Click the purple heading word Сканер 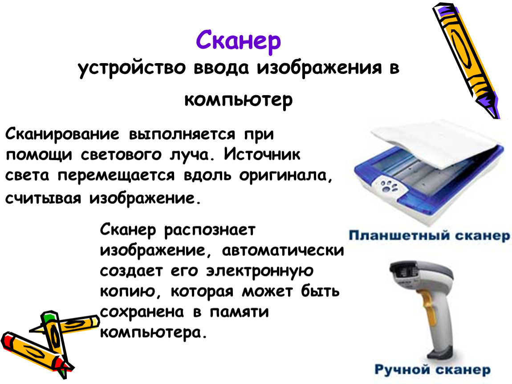pos(238,41)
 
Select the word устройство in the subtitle pos(132,68)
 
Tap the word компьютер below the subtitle pos(238,100)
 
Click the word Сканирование pos(62,135)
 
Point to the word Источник pos(262,155)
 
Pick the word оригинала pos(286,176)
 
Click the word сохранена pos(142,312)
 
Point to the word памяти pos(239,312)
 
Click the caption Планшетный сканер pos(429,236)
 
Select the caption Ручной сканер pos(432,369)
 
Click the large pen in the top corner pos(466,60)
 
